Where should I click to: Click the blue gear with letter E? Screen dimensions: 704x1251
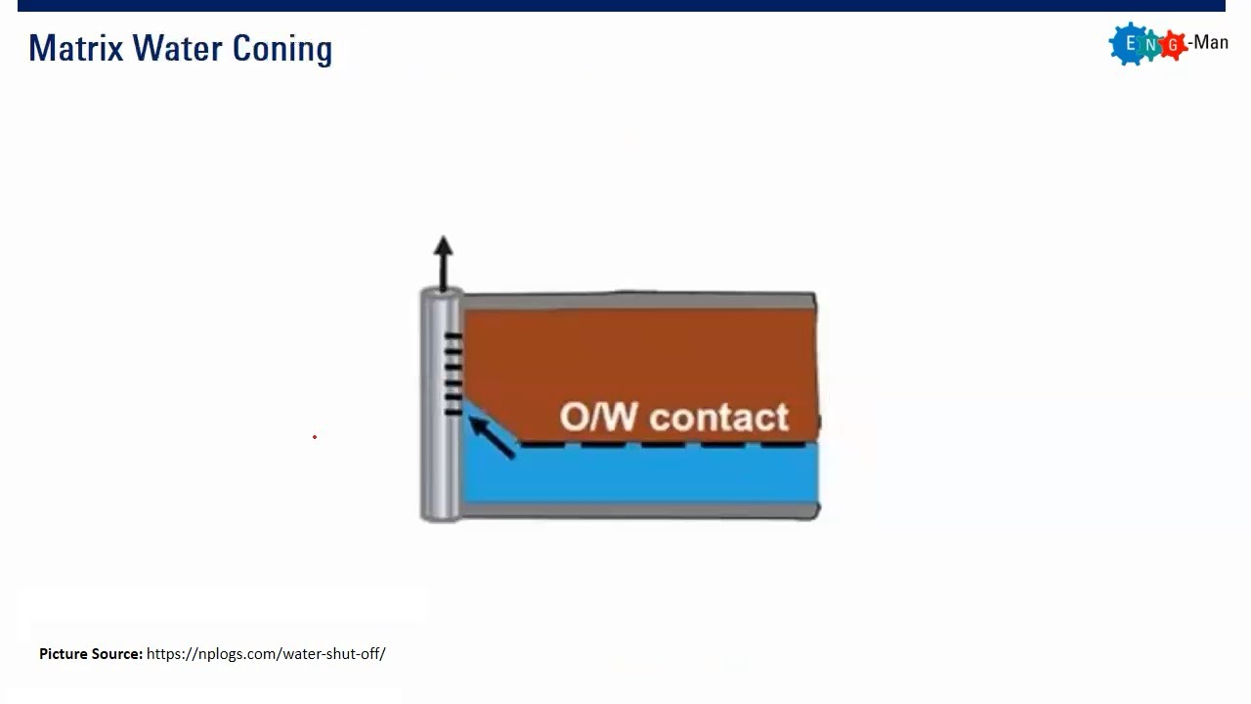1131,44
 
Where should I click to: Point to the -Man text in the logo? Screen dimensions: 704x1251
1208,43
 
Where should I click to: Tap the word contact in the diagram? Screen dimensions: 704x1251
718,418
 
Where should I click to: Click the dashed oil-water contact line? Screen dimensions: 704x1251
665,445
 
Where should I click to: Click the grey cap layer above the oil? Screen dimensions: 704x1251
635,301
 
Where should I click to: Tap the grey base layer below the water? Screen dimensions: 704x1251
635,509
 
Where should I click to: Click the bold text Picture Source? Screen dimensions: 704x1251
91,653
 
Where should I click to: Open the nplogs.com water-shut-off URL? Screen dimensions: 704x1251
266,653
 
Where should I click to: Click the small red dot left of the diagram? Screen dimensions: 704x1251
315,437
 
